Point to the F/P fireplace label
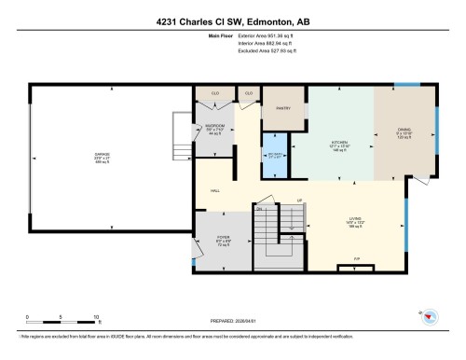356,258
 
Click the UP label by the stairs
299,201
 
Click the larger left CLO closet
213,94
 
